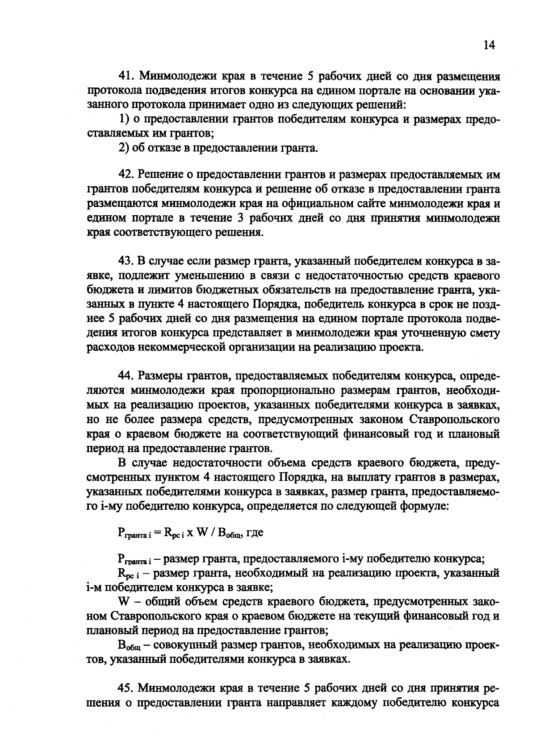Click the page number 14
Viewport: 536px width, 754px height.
489,46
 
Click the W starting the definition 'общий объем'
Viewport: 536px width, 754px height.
123,602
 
